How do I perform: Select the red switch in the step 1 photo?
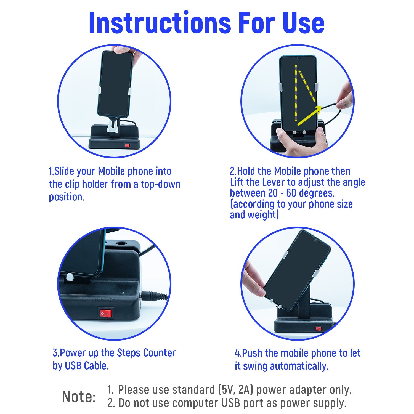(127, 145)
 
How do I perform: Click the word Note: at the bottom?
(79, 397)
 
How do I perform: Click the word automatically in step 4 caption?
(299, 366)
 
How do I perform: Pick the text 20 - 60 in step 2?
(283, 193)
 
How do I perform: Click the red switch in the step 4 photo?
(318, 329)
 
